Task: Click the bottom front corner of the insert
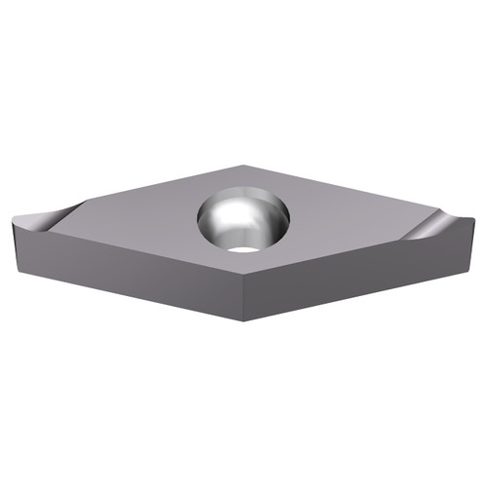(243, 320)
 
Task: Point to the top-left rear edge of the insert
(146, 186)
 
